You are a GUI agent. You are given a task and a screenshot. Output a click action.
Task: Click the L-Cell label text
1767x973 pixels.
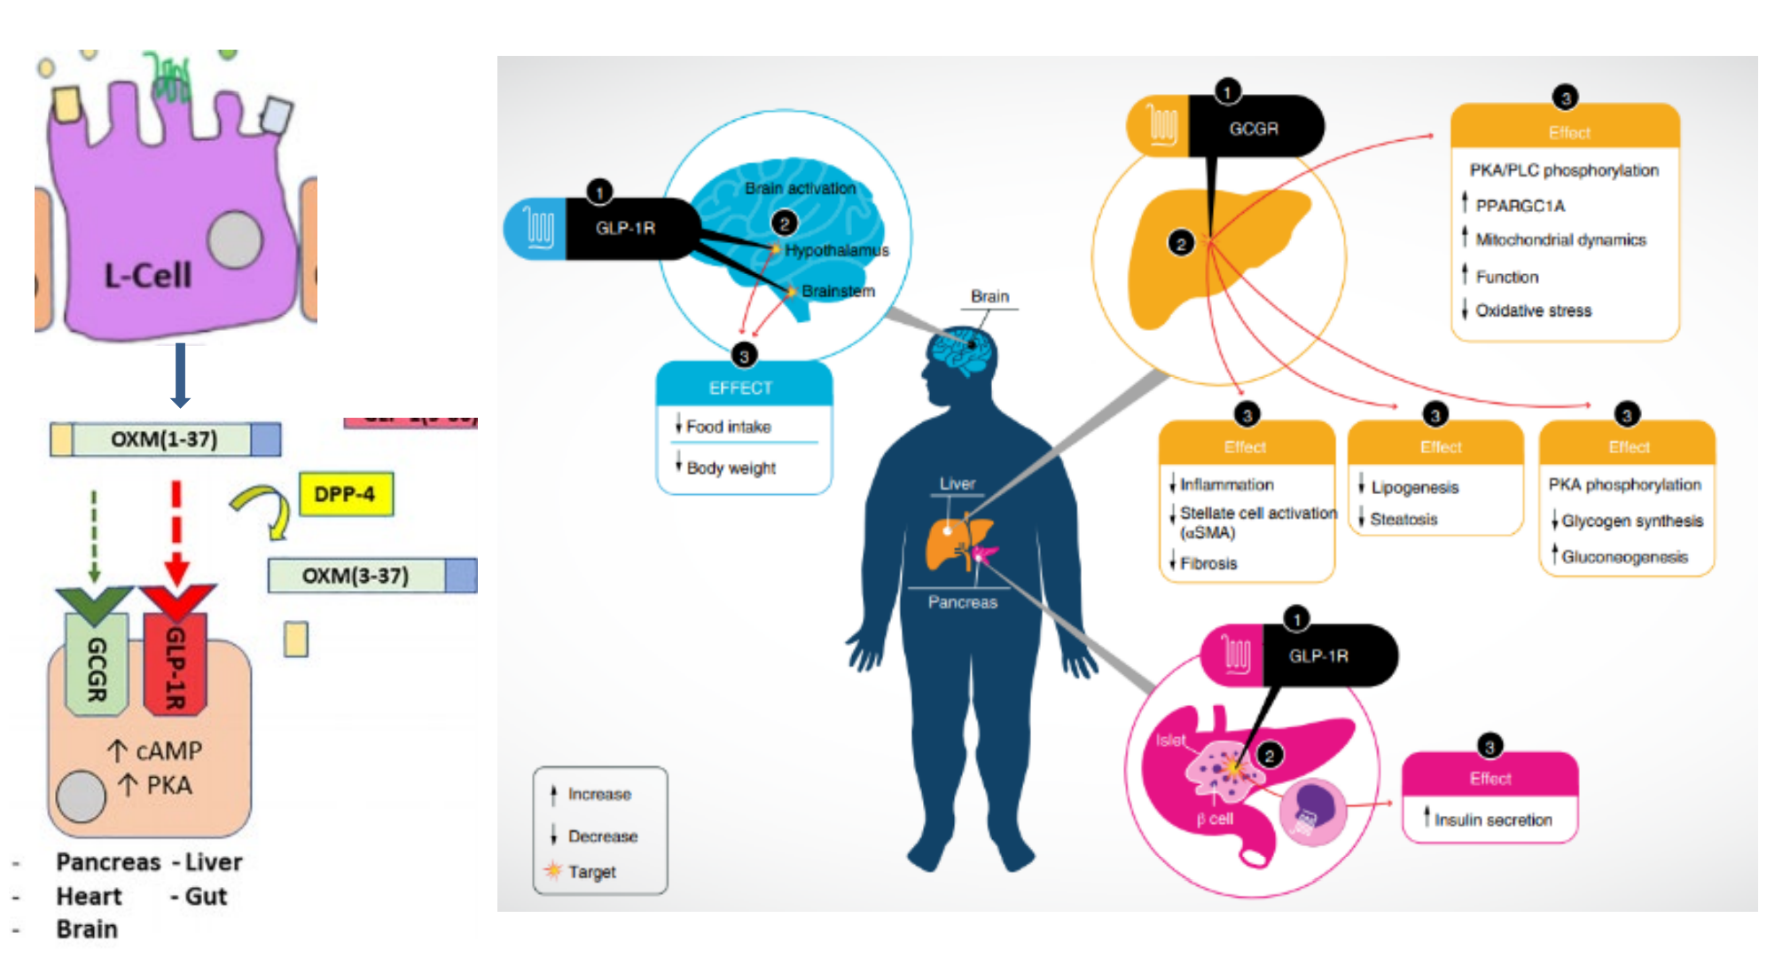[147, 275]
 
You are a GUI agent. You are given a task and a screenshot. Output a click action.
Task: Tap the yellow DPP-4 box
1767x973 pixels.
[346, 494]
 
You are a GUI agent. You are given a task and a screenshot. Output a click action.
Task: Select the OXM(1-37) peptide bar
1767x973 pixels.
[165, 439]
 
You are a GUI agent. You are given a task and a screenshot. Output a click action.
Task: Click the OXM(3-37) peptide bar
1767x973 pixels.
[371, 576]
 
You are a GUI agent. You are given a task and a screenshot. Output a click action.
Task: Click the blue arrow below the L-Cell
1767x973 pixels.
[180, 374]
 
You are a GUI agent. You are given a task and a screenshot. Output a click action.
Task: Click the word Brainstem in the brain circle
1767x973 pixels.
[838, 291]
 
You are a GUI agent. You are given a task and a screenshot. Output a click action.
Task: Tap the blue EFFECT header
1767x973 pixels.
[741, 388]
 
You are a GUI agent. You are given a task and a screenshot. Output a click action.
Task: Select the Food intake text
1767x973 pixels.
[728, 427]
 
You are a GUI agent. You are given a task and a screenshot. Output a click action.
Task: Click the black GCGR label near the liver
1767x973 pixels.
[1254, 129]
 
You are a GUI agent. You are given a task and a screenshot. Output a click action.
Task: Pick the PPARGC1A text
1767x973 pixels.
[1520, 206]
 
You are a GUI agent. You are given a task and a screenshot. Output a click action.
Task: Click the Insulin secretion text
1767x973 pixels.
[1493, 820]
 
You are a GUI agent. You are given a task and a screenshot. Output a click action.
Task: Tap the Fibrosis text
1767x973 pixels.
[1208, 563]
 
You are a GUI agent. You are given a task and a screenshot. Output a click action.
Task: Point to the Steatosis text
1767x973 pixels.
[1403, 519]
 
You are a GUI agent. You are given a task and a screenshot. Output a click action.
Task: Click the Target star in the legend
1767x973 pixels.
[553, 870]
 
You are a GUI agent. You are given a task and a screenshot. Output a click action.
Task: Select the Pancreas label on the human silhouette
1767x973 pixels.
[962, 602]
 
